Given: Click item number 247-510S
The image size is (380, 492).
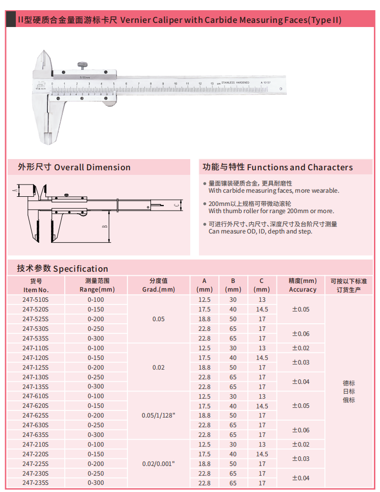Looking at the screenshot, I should [x=36, y=300].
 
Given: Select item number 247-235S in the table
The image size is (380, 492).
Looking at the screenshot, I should [x=36, y=483].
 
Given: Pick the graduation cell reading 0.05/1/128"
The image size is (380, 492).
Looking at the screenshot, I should [x=158, y=416].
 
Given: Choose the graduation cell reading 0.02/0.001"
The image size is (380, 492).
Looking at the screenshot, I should [x=158, y=464].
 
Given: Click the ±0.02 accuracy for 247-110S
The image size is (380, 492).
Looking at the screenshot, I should [x=300, y=348].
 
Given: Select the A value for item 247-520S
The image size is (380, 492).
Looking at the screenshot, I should [x=204, y=309].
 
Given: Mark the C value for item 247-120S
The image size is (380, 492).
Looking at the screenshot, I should [x=262, y=358].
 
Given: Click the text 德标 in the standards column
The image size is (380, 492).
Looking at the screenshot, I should [x=349, y=383].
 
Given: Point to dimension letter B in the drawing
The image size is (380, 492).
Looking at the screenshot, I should [x=104, y=226].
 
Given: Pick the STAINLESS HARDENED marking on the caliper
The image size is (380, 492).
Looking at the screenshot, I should [x=235, y=83].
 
